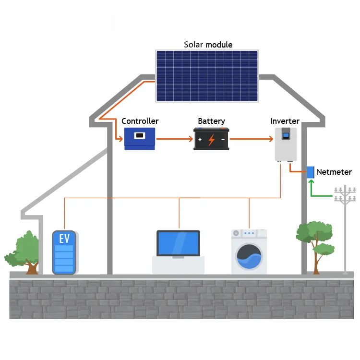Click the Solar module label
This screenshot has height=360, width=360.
pos(208,45)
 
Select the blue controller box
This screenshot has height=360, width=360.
pos(140,139)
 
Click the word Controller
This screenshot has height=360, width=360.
pos(140,121)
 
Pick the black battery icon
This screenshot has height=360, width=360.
pos(211,139)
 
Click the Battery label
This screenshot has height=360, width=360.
pos(211,121)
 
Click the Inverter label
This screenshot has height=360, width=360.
pos(285,121)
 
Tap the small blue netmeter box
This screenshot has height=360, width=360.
pos(311,172)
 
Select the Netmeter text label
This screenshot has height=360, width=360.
pos(334,172)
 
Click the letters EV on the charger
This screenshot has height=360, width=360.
pos(64,239)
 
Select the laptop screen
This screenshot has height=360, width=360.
pos(178,243)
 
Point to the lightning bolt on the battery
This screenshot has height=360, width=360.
pos(211,140)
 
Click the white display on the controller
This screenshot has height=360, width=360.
pos(140,135)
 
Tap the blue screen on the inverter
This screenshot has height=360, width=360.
pos(286,135)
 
